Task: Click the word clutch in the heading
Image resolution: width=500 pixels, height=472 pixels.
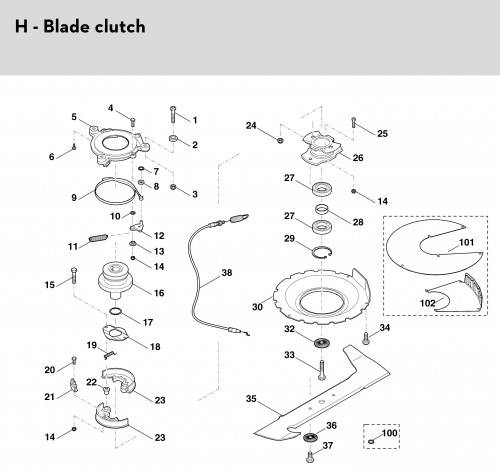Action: point(120,26)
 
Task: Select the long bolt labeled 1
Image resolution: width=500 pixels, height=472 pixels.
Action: point(173,115)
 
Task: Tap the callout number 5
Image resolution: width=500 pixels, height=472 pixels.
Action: point(74,117)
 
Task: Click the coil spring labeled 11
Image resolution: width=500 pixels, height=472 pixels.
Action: point(98,238)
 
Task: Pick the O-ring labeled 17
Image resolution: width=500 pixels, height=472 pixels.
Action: point(116,312)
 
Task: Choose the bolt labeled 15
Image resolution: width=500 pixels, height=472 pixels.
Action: point(74,275)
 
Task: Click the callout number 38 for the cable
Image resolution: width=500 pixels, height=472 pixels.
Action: point(227,273)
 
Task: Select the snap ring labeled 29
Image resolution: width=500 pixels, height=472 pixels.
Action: point(322,252)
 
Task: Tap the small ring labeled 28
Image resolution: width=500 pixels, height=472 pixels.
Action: point(322,210)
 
